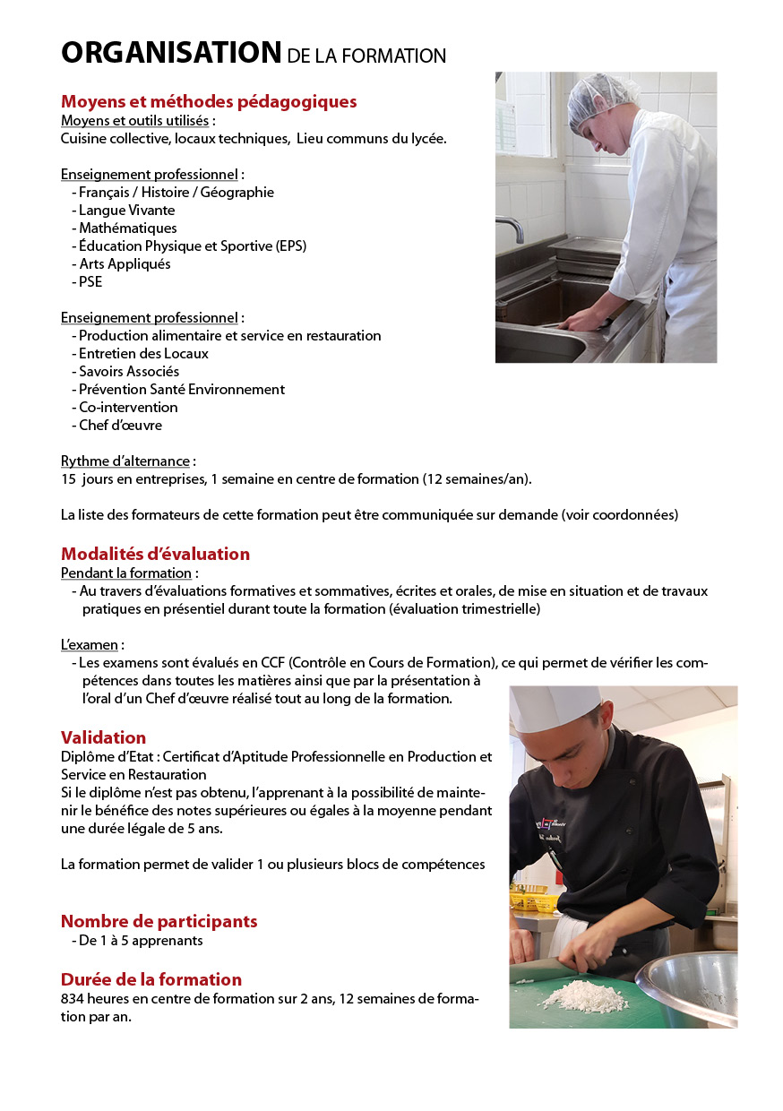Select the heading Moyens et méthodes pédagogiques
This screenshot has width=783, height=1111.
tap(209, 101)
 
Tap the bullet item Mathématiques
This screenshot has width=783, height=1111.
tap(128, 228)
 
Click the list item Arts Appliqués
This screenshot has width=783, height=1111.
tap(125, 263)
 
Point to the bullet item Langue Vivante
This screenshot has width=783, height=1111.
tap(127, 210)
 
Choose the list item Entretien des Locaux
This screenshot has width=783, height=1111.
tap(143, 353)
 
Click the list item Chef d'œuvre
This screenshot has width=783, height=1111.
tap(120, 425)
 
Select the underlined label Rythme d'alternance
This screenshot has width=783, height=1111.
tap(125, 461)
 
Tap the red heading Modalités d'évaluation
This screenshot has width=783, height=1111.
tap(155, 554)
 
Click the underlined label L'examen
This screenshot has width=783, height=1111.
tap(90, 644)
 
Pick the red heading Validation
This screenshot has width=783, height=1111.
tap(103, 737)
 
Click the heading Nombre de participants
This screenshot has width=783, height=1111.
tap(159, 921)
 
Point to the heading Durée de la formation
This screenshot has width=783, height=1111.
tap(151, 979)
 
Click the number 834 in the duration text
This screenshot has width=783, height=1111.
tap(73, 999)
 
